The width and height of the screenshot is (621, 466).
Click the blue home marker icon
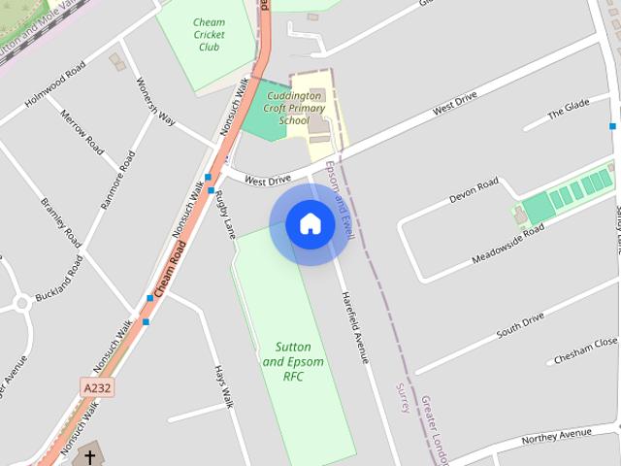point(310,224)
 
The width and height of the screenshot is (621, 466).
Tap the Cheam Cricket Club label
point(209,35)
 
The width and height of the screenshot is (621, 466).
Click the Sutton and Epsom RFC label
point(293,361)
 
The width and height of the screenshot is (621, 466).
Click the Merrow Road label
point(82,132)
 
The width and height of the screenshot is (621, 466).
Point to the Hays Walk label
point(224,387)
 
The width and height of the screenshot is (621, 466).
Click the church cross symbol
point(90,455)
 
